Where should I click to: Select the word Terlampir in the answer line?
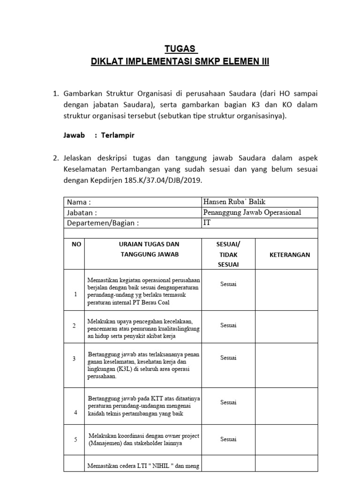[x=117, y=135]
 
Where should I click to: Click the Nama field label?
[x=79, y=202]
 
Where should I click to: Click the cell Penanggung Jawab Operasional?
[x=252, y=212]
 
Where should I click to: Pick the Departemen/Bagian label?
[x=103, y=223]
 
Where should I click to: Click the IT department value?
[x=207, y=223]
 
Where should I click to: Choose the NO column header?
[x=74, y=244]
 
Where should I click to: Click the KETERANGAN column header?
[x=289, y=255]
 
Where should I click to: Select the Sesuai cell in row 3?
[x=228, y=358]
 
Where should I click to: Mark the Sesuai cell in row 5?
[x=228, y=439]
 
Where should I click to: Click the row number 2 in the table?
[x=74, y=325]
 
